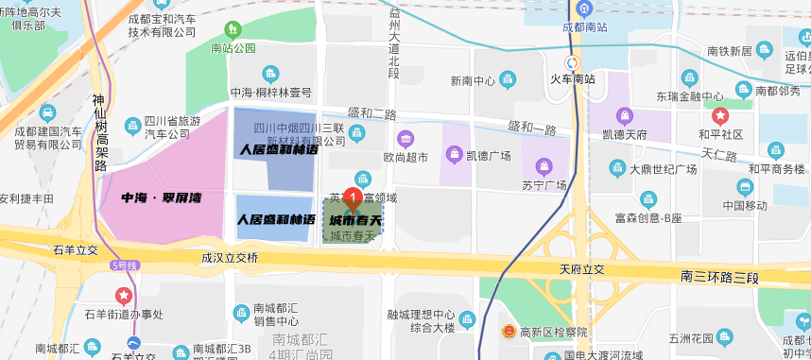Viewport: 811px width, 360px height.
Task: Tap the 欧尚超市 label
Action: click(405, 156)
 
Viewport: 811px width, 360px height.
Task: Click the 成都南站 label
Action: click(584, 27)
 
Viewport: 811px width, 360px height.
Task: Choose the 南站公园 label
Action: click(233, 48)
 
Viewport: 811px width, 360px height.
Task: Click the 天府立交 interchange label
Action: click(581, 270)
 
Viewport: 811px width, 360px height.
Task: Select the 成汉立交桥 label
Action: click(230, 256)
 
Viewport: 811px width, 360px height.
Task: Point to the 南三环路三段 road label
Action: click(719, 277)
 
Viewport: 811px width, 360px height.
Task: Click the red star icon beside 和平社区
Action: click(721, 116)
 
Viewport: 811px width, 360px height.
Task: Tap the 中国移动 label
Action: click(745, 205)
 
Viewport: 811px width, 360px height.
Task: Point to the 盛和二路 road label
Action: click(371, 114)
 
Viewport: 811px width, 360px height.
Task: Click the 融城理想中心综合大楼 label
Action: click(422, 321)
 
